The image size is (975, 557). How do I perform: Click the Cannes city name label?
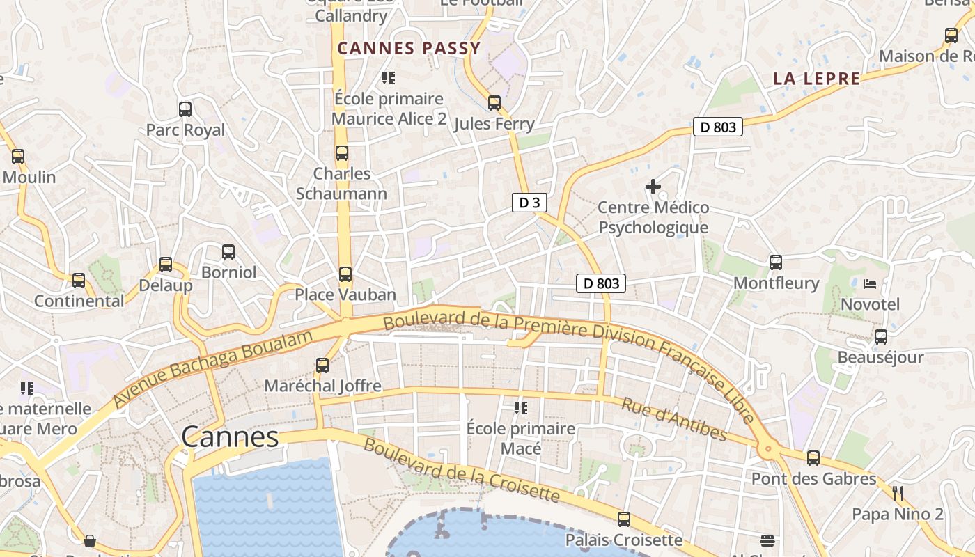click(x=230, y=437)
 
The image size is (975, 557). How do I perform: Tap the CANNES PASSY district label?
click(x=409, y=48)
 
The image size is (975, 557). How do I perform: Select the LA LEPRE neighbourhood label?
click(x=816, y=79)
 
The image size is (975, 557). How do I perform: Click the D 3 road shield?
click(x=529, y=203)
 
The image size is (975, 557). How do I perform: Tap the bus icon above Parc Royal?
click(x=185, y=109)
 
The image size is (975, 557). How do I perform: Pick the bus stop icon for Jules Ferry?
click(x=494, y=103)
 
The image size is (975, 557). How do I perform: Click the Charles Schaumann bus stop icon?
click(x=342, y=153)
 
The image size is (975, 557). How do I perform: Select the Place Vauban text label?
click(x=345, y=295)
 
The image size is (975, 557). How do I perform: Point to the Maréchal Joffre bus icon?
click(x=322, y=366)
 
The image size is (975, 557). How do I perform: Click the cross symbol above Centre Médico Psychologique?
click(x=653, y=187)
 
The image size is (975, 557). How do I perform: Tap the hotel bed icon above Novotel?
click(x=870, y=283)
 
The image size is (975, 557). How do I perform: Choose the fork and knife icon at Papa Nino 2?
click(x=898, y=494)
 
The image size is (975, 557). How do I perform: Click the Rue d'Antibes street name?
click(x=673, y=420)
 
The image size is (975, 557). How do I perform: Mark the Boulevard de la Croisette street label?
click(x=461, y=471)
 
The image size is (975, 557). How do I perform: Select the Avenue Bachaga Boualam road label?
click(x=212, y=369)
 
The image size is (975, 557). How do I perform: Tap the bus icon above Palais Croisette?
click(x=624, y=519)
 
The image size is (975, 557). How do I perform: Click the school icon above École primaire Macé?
click(x=521, y=407)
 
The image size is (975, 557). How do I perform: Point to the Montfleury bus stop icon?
click(x=776, y=262)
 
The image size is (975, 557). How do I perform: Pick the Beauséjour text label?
click(x=880, y=357)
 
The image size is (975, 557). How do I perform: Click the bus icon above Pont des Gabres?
click(x=813, y=458)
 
